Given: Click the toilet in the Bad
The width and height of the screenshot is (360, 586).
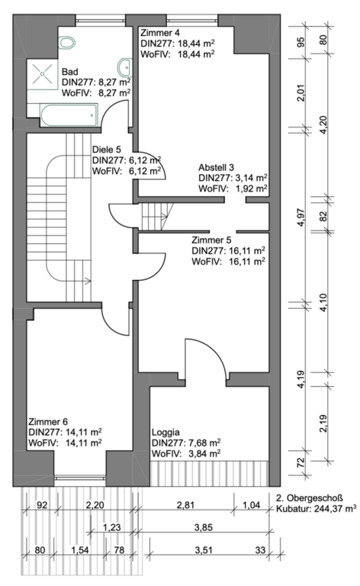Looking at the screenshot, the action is point(67,43).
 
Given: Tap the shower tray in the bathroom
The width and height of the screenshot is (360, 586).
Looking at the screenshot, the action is point(42,73).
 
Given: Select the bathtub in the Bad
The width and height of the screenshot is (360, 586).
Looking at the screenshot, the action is point(69,115).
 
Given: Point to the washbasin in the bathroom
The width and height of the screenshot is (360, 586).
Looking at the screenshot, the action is point(125,68).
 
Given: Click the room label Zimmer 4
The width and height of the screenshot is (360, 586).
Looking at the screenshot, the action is point(157,33).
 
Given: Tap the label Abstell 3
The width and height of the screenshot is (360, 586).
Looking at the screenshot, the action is point(216,167).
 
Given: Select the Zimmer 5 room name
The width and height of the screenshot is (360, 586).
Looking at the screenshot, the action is point(211,240).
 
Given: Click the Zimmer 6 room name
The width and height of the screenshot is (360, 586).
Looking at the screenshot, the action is point(48,421).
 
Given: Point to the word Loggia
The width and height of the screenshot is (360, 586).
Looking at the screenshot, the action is point(166,433).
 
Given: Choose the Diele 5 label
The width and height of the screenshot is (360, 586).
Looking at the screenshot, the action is point(107,150).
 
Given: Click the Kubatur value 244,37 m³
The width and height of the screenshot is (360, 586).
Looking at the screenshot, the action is point(332,508).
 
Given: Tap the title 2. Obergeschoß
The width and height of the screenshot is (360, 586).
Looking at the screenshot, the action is point(309,497).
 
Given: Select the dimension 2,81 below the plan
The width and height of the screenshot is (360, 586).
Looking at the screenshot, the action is point(185,505).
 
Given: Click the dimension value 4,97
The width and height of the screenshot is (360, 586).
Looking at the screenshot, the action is point(301,217).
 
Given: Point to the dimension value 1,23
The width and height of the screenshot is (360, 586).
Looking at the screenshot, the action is point(111,527).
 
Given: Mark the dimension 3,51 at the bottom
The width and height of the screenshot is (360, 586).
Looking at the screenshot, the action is point(204,549).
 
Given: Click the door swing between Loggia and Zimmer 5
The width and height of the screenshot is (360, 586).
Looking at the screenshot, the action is point(205,359).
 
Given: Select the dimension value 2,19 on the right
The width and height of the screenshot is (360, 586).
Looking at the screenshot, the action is point(323,423).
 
